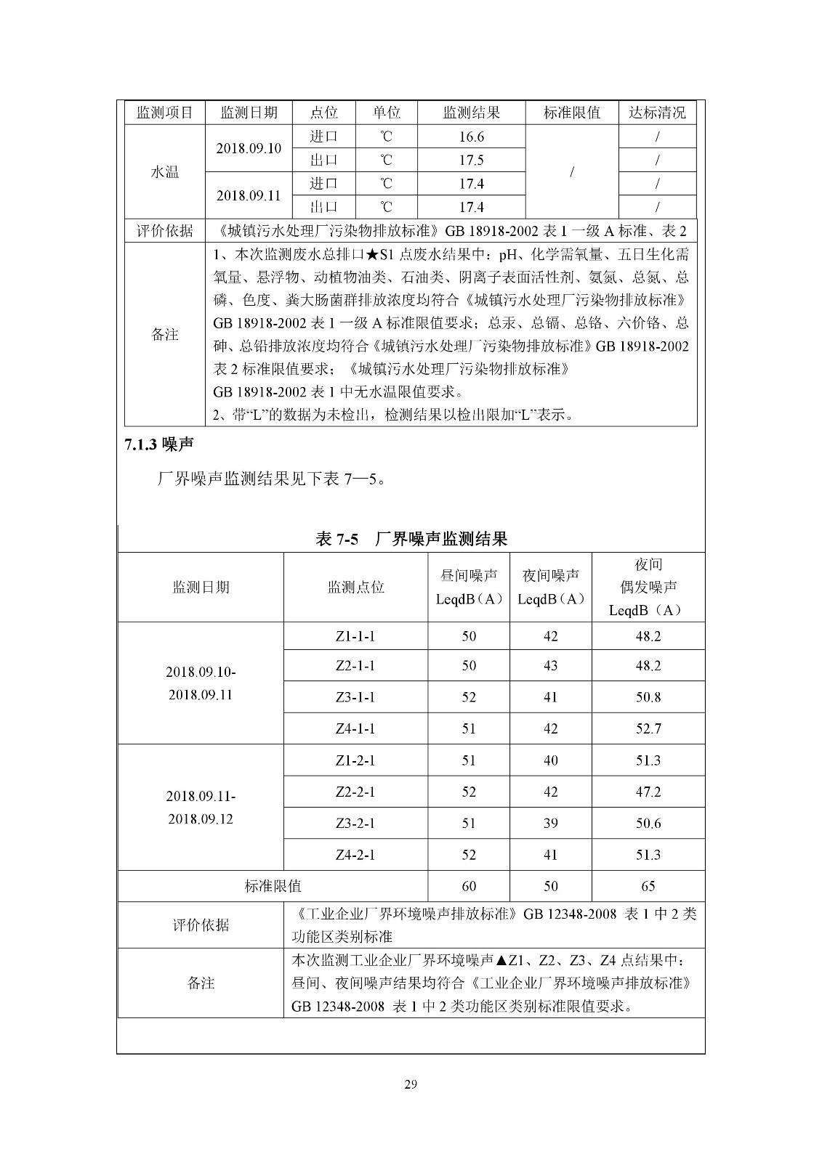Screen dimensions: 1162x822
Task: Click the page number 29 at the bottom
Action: click(x=411, y=1085)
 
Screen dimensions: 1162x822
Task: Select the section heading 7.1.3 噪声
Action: click(x=158, y=445)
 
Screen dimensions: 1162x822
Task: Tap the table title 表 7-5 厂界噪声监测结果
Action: click(x=411, y=539)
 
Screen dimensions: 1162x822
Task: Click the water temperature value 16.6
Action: click(x=471, y=137)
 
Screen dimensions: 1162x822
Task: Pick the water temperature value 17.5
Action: click(x=471, y=161)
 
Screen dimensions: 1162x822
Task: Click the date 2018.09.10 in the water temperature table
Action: click(x=249, y=149)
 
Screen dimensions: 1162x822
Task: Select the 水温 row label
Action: click(x=165, y=172)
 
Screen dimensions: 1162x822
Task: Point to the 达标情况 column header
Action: click(x=657, y=113)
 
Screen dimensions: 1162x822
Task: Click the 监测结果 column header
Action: click(x=471, y=113)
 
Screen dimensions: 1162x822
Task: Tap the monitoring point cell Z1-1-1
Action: click(x=355, y=636)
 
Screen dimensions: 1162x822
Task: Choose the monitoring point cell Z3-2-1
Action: click(x=355, y=824)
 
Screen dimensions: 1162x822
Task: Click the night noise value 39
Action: click(x=550, y=824)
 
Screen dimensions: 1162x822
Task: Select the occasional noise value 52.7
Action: click(x=648, y=728)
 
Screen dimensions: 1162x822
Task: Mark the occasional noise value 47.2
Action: click(x=648, y=792)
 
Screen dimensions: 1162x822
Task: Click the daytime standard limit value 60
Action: click(x=469, y=886)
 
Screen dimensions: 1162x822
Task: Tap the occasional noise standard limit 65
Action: click(x=648, y=886)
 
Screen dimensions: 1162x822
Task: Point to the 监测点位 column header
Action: click(x=355, y=587)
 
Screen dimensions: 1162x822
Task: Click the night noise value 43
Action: click(x=550, y=666)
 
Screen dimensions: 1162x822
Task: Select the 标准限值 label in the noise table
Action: click(x=273, y=886)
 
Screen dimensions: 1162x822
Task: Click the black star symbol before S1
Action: click(x=371, y=254)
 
